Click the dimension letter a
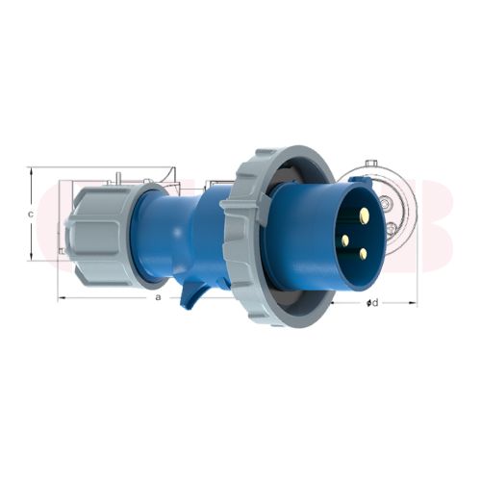point(158,298)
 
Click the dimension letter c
point(31,214)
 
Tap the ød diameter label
point(372,303)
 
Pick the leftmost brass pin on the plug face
point(343,240)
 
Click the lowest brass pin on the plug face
point(363,254)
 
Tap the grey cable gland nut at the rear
point(94,235)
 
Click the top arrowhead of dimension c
point(32,172)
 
